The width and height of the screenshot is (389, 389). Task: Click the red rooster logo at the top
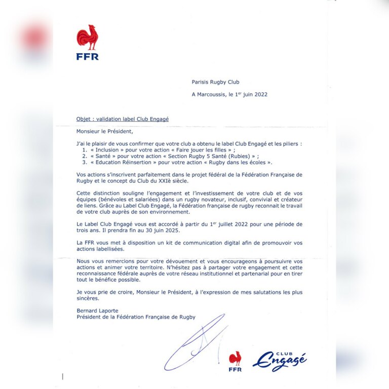tap(88, 37)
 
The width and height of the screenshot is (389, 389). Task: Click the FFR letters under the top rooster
tap(88, 57)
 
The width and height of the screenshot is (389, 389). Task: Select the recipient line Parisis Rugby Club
tap(215, 82)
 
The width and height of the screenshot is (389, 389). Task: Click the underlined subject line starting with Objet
tap(123, 119)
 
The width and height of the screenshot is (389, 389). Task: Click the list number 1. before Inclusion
tap(85, 150)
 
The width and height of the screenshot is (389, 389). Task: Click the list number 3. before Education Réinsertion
tap(85, 163)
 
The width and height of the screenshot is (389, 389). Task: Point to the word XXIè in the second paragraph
tap(156, 181)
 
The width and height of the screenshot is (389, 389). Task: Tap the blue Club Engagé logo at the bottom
tap(280, 361)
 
